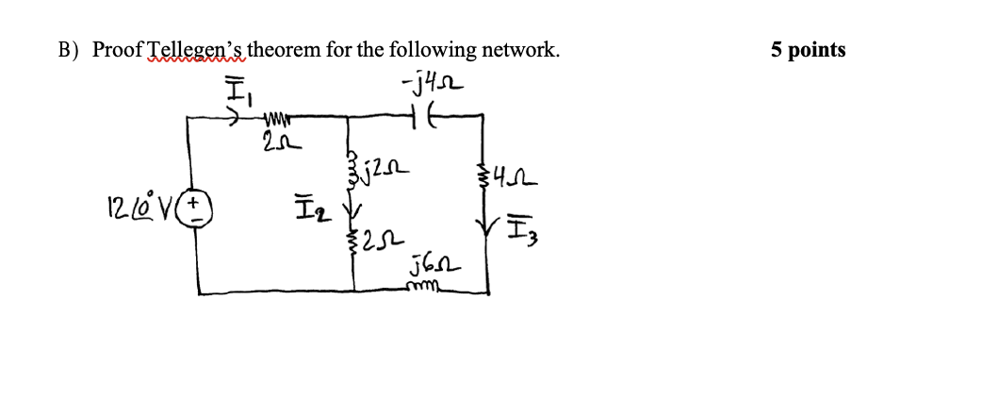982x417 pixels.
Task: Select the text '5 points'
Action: [x=808, y=50]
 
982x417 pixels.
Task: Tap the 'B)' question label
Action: [x=70, y=51]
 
